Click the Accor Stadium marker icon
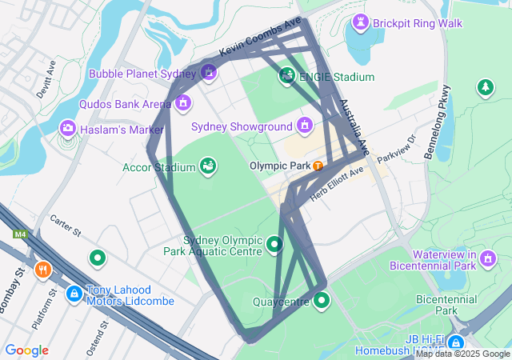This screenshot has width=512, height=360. point(207,166)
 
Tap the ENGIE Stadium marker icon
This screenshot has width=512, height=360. point(286,77)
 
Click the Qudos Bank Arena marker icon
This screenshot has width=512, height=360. point(183,103)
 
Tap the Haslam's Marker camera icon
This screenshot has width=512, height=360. point(68,129)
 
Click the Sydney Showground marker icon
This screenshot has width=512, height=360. point(304,126)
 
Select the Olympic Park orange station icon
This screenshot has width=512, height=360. point(318,166)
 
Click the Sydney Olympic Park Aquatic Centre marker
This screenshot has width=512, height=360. point(274,244)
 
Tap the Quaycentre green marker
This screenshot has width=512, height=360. point(322,300)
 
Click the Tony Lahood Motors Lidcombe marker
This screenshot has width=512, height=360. point(74,294)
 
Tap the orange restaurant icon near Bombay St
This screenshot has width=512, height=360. point(43,270)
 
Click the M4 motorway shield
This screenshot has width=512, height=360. point(19,234)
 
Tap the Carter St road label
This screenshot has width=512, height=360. point(66,226)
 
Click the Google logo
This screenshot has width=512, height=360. point(26,350)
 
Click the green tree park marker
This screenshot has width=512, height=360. point(484,87)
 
